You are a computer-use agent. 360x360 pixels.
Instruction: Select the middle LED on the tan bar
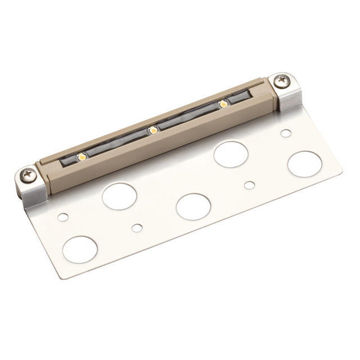pos(152,129)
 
